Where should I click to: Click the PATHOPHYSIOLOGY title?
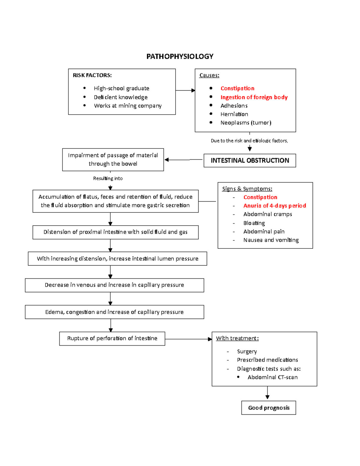point(180,56)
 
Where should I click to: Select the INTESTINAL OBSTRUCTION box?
point(250,161)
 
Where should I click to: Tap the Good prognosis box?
point(268,408)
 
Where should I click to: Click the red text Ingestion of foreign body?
point(254,97)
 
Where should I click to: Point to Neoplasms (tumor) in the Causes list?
point(246,123)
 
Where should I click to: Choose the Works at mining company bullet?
point(127,106)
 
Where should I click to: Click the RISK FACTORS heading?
point(92,75)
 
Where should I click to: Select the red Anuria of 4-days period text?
point(274,206)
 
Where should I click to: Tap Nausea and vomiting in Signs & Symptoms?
point(271,240)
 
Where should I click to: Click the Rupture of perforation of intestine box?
point(112,338)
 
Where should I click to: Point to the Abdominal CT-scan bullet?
point(272,377)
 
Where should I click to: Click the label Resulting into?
point(108,179)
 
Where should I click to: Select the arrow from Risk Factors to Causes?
point(185,90)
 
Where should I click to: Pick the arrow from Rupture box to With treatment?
point(188,339)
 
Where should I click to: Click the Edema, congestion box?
point(114,312)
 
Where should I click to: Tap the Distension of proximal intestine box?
point(115,232)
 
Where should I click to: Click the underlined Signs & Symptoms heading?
point(247,189)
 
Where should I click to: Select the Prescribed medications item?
point(267,360)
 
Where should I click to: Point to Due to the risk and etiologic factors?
point(249,141)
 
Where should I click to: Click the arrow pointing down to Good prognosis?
point(267,393)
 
